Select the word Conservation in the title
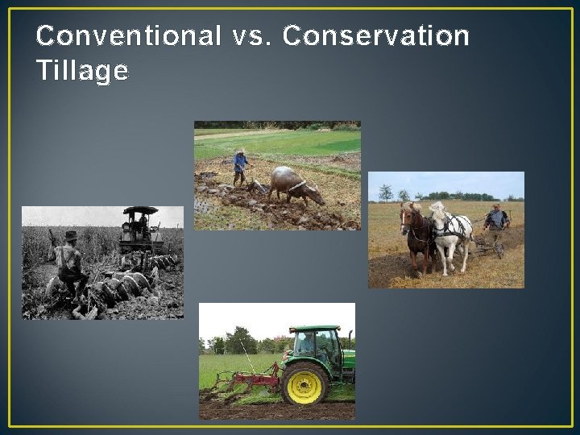point(376,36)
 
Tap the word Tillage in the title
point(82,72)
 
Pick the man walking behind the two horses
point(497,226)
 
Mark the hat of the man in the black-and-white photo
point(71,236)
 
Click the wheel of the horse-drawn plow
point(499,251)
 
